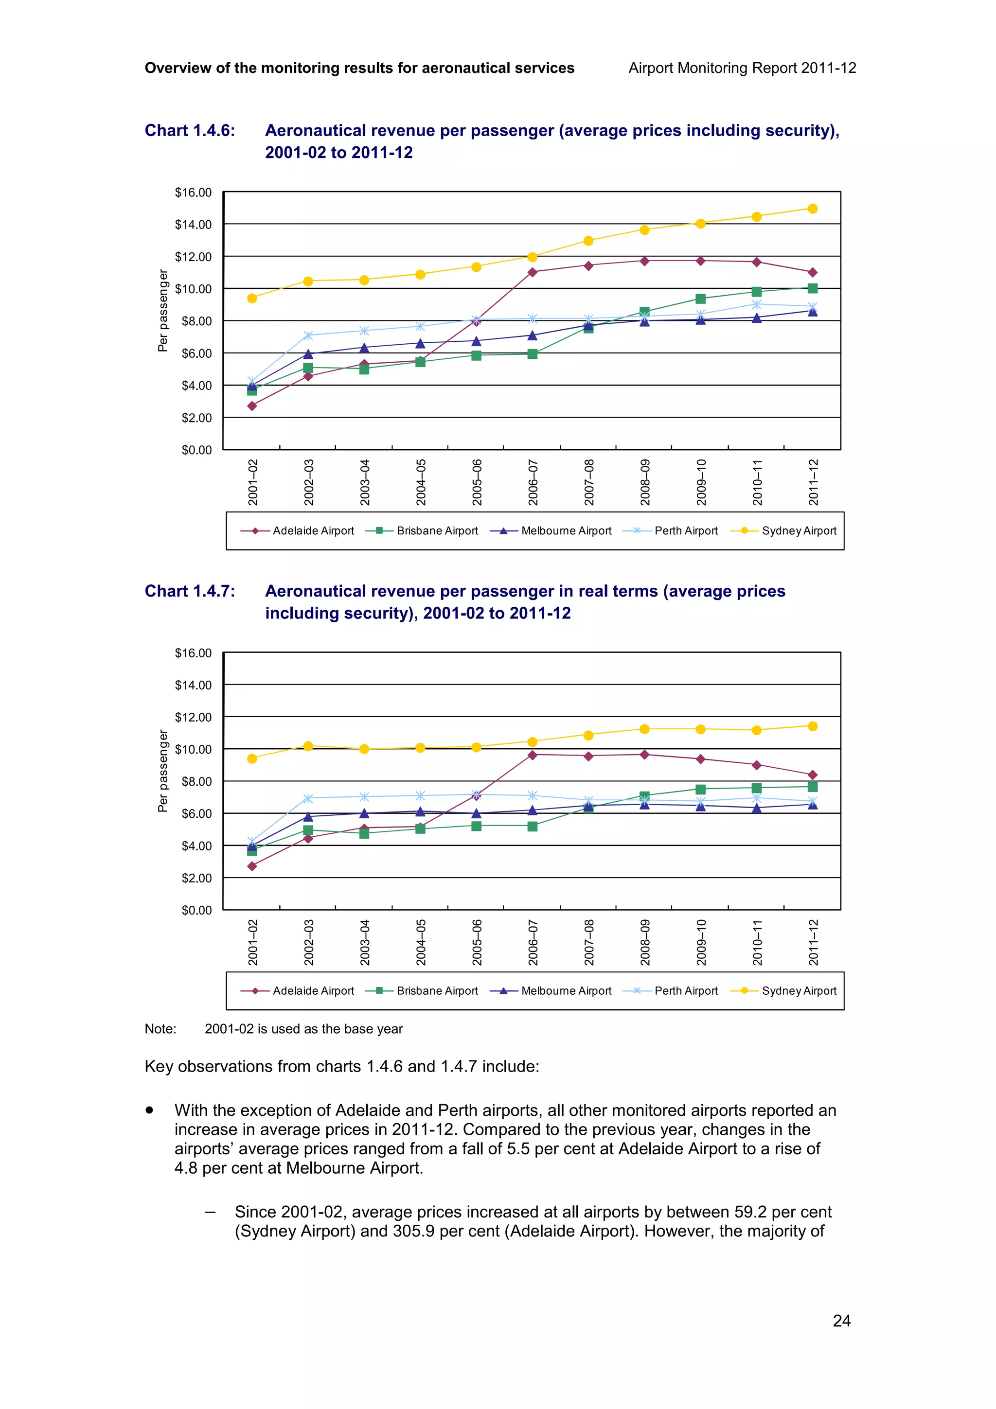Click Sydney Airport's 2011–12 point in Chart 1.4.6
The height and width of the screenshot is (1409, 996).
pos(812,209)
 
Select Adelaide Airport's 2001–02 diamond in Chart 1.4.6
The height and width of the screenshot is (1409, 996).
pos(251,405)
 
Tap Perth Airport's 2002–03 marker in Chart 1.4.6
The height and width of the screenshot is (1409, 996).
pos(308,335)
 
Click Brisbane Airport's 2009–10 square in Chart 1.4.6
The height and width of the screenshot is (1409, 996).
pos(700,299)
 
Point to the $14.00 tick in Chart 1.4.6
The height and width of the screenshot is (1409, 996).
pos(193,225)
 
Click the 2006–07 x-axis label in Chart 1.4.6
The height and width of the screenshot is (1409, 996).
pos(533,482)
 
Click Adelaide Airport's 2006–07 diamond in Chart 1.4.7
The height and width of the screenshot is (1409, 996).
pos(532,755)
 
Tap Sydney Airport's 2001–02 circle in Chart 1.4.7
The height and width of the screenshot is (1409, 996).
pos(251,758)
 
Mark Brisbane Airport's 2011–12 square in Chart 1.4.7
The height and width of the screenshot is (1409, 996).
pos(812,787)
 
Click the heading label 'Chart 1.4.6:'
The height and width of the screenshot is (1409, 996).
pos(190,131)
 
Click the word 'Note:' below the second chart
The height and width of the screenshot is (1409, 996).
pos(160,1029)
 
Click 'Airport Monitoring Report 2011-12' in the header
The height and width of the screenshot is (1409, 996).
pos(742,68)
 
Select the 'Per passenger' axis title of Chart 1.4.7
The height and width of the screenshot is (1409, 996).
pos(162,771)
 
